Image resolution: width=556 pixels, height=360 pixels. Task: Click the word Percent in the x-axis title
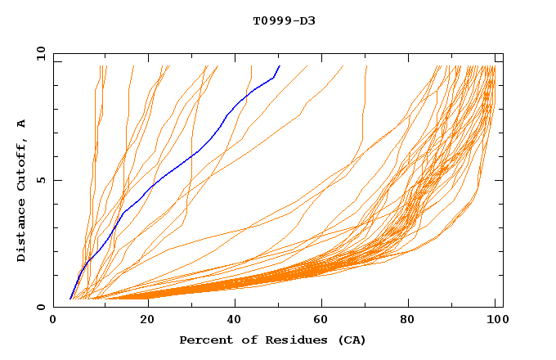point(205,340)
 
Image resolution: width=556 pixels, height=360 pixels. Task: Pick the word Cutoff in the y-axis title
point(22,162)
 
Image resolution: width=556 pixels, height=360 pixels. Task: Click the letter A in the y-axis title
point(22,124)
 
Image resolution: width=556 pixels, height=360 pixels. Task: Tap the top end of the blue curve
point(280,66)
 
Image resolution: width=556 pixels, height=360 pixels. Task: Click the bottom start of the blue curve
point(71,299)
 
